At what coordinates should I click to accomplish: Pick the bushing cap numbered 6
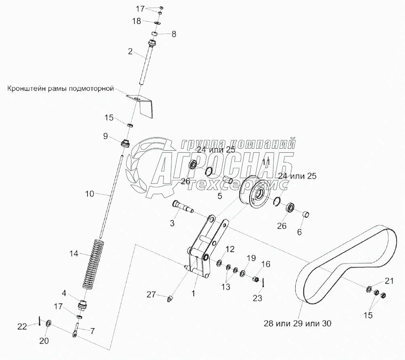coord(306,213)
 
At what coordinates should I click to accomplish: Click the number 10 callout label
coord(89,194)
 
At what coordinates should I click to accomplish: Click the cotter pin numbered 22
coord(40,321)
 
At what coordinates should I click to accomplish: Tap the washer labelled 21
coord(369,289)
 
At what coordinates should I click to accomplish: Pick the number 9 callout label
coord(105,136)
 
